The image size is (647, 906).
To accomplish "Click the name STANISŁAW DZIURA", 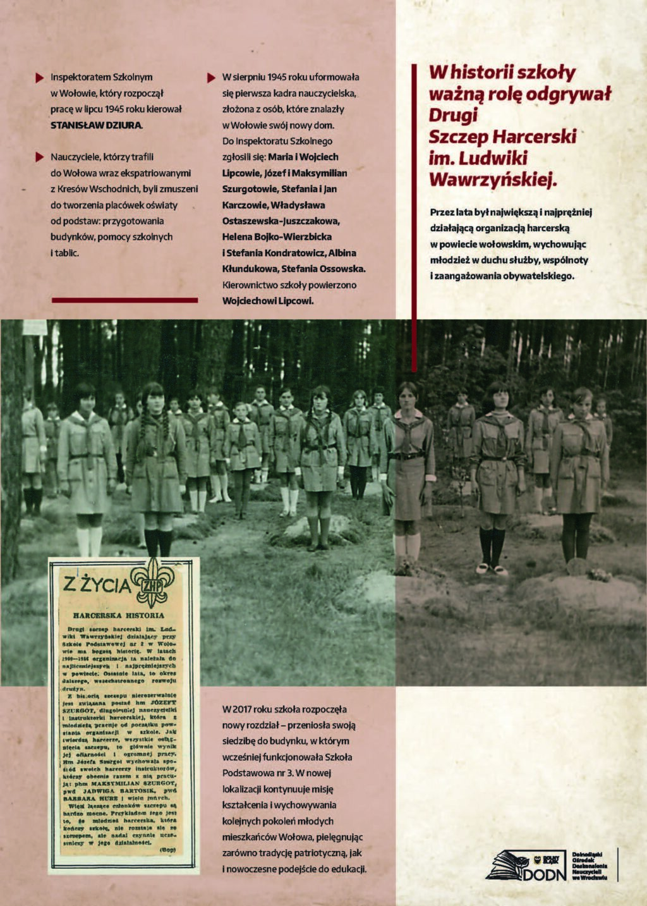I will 96,125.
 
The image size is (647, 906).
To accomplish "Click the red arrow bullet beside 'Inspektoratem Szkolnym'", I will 40,78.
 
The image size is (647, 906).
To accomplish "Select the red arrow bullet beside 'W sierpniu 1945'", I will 211,78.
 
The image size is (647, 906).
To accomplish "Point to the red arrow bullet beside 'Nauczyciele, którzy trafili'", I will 40,157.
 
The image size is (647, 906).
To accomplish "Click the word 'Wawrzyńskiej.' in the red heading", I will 493,180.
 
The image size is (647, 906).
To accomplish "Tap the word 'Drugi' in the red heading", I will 453,115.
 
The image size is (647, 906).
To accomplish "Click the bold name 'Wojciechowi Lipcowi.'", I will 268,301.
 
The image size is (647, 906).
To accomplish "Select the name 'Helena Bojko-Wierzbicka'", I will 277,237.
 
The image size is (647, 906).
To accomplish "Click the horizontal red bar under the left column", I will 124,300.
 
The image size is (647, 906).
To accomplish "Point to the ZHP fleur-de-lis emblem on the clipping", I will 153,582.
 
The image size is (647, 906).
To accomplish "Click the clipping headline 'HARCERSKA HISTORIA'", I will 118,615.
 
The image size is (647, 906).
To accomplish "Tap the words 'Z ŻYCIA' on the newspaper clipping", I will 97,585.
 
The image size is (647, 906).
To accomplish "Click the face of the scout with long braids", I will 154,397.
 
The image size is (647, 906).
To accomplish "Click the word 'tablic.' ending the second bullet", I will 65,253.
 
